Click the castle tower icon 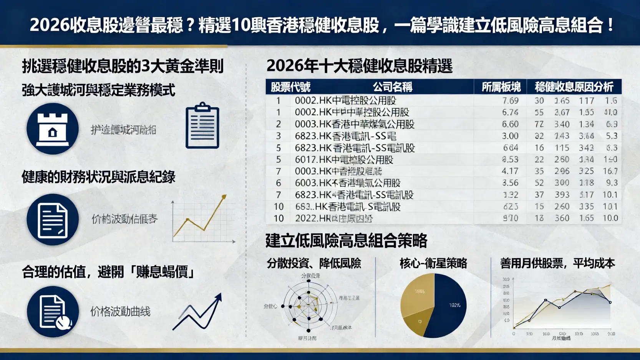click(53, 129)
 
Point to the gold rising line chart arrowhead click(223, 197)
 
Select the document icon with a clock click(53, 312)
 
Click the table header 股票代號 click(290, 87)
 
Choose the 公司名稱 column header click(392, 87)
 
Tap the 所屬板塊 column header click(501, 87)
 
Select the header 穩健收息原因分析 click(574, 87)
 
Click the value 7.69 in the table click(510, 101)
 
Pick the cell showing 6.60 click(510, 124)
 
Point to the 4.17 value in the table click(510, 171)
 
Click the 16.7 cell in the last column click(610, 171)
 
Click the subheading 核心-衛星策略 click(433, 263)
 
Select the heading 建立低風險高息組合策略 click(346, 241)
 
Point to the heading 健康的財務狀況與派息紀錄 click(99, 177)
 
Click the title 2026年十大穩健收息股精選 click(359, 66)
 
